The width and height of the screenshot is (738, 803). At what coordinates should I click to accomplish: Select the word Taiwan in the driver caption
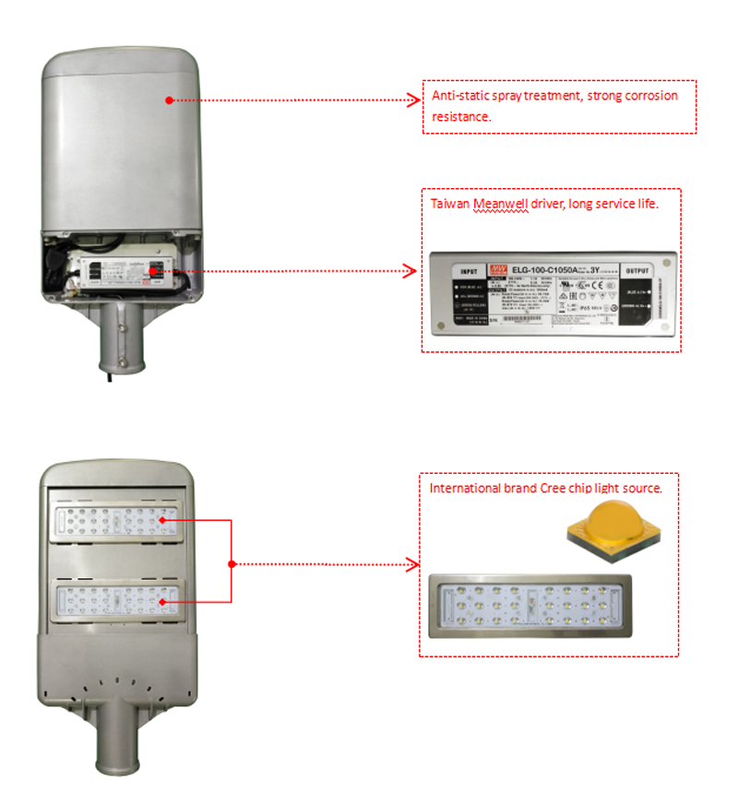pos(451,203)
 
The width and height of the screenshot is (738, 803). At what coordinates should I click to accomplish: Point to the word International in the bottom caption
pos(465,487)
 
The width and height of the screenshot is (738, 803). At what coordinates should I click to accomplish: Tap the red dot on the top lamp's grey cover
pos(169,100)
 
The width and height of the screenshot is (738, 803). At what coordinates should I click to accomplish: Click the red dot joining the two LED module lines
pos(232,563)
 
